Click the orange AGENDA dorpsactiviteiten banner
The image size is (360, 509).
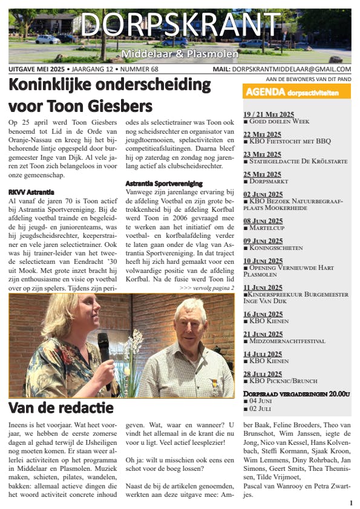(296, 93)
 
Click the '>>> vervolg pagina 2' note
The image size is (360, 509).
(206, 288)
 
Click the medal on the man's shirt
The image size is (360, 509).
(214, 381)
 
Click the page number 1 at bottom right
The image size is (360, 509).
(351, 502)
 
